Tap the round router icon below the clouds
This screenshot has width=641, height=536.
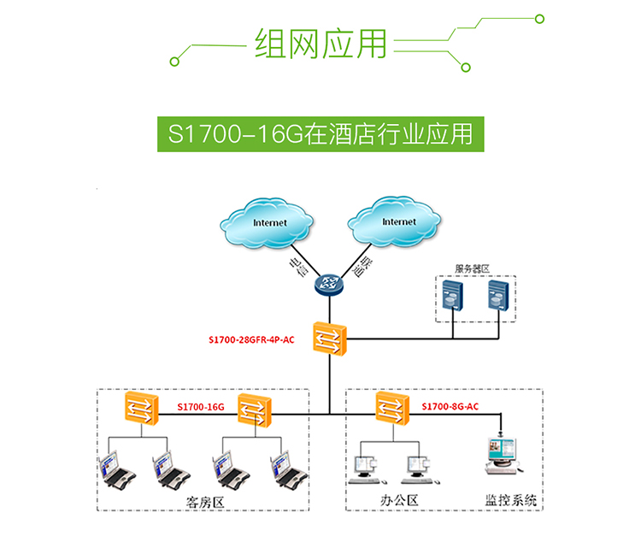click(328, 286)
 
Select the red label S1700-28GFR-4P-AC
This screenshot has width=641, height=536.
click(251, 339)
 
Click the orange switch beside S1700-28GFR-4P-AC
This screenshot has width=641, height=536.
click(328, 339)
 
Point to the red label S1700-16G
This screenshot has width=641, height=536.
click(200, 407)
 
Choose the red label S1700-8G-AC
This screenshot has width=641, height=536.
click(450, 407)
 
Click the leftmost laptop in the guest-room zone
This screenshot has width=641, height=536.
click(115, 468)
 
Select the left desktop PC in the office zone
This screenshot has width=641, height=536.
click(365, 465)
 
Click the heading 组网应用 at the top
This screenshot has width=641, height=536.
click(320, 43)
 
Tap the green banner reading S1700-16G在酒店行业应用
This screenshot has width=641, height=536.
click(320, 134)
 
